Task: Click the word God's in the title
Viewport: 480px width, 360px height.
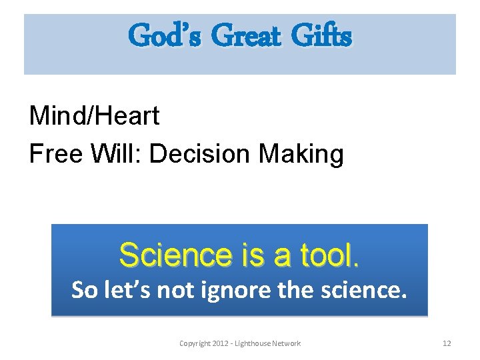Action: point(163,35)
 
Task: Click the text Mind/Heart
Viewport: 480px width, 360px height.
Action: point(95,117)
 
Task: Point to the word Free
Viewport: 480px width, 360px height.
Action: point(56,154)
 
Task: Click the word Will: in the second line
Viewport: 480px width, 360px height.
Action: point(117,154)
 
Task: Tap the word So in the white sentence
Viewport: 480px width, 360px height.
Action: point(85,290)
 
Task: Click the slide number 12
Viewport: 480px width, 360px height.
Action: point(447,343)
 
